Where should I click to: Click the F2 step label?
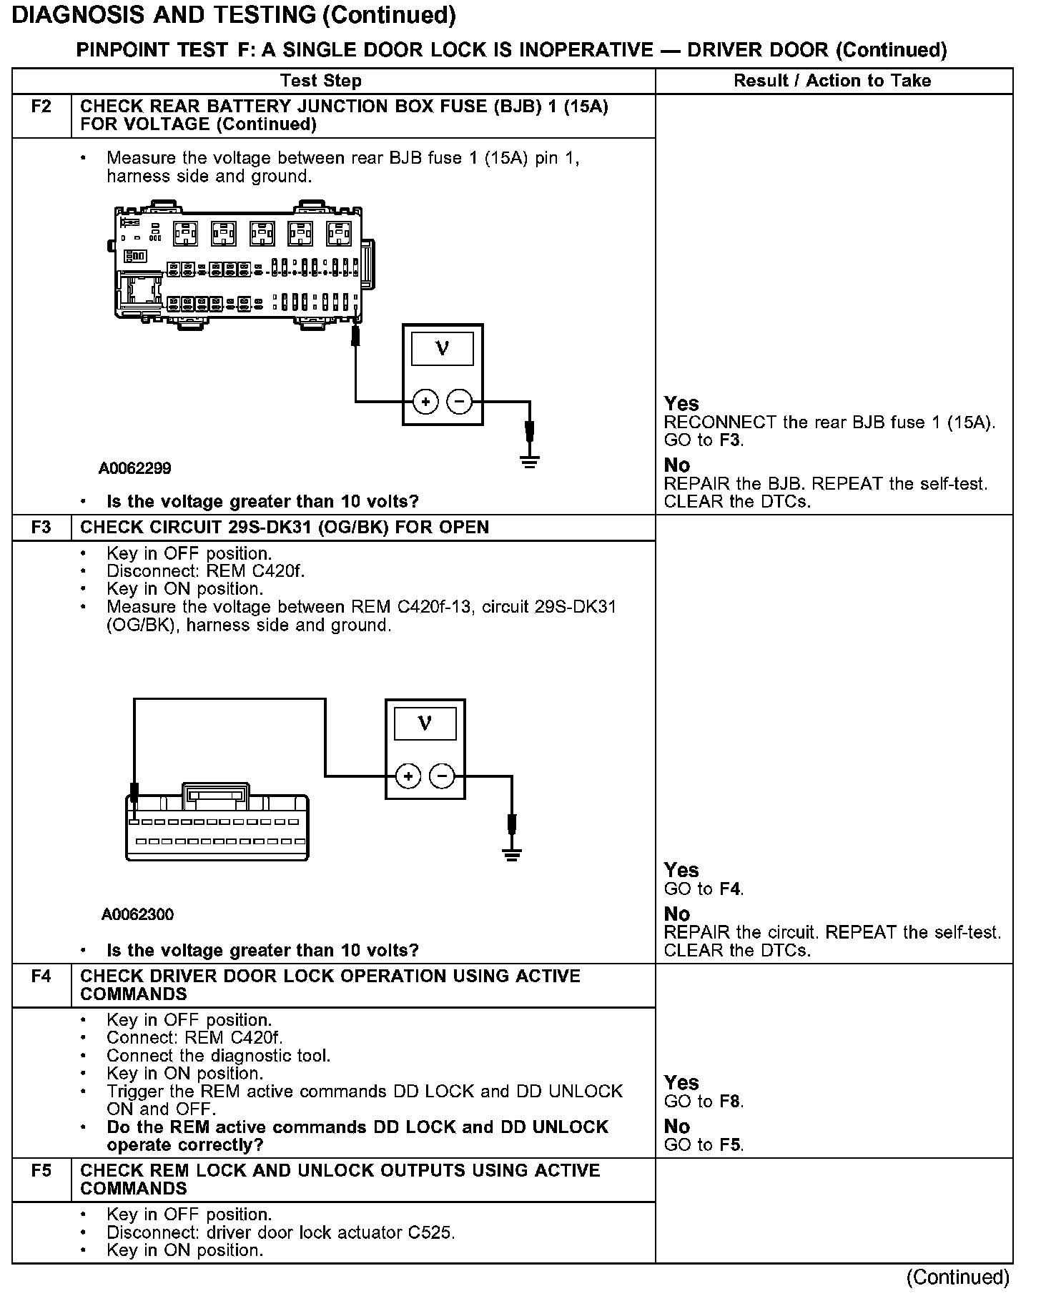point(41,107)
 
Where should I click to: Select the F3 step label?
point(41,528)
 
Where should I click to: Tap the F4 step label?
point(41,976)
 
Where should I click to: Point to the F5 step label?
point(41,1170)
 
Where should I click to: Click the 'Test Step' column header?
point(321,81)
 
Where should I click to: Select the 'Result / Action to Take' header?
point(832,81)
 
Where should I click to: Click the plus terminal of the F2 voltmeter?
point(425,402)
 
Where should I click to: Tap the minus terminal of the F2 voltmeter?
point(460,402)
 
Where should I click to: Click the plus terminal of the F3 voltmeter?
point(408,776)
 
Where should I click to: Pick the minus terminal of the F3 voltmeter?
point(443,776)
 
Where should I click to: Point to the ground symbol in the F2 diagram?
point(529,462)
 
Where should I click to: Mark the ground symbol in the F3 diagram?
point(511,854)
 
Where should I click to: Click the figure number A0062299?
point(135,469)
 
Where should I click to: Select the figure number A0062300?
point(137,915)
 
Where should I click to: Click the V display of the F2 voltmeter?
point(443,350)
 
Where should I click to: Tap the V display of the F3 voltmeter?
point(425,723)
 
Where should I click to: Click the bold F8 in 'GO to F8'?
point(730,1102)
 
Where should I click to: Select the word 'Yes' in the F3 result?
point(681,870)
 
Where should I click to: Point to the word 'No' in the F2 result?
point(676,465)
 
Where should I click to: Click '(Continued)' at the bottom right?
point(958,1277)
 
